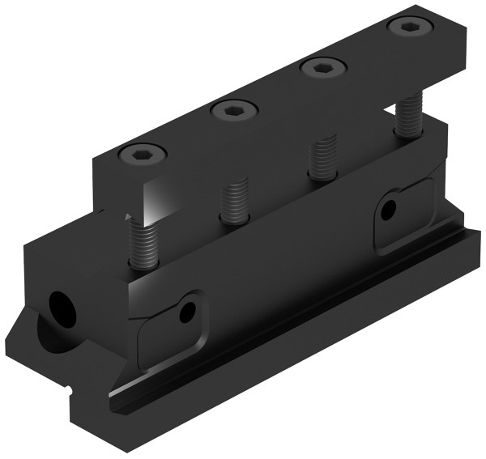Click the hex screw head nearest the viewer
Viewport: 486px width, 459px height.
click(142, 153)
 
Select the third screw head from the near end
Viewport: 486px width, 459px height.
click(323, 67)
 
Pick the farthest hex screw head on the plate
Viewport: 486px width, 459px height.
click(410, 28)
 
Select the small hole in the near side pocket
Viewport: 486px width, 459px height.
click(188, 311)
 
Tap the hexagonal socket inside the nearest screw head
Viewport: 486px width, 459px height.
click(142, 153)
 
